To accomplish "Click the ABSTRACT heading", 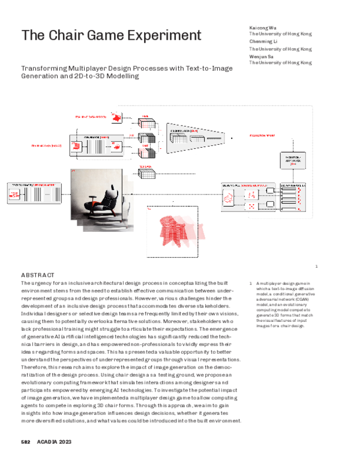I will click(38, 274).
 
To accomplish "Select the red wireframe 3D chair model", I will click(180, 231).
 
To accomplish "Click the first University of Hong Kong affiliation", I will click(280, 35).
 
